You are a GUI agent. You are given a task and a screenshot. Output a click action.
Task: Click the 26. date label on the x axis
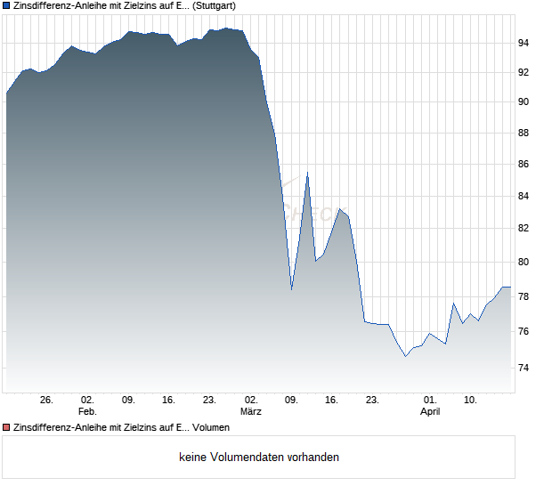(x=47, y=400)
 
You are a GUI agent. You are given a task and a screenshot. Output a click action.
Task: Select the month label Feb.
(x=87, y=411)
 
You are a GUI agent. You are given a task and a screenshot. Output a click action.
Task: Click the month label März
(x=251, y=411)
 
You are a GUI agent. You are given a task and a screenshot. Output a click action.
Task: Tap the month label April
(x=430, y=411)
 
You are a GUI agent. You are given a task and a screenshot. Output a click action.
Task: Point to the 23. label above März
(x=210, y=400)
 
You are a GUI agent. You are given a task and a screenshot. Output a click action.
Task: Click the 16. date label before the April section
(x=332, y=400)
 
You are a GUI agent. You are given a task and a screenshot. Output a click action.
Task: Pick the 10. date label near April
(x=471, y=400)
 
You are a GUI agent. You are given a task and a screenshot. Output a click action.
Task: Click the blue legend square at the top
(x=6, y=5)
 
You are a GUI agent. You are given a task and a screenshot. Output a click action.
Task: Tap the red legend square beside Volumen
(x=6, y=428)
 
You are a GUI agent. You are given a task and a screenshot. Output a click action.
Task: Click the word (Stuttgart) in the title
(x=215, y=5)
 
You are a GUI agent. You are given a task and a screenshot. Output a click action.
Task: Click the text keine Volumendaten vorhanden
(x=259, y=458)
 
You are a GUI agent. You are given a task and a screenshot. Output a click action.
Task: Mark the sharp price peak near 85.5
(x=307, y=173)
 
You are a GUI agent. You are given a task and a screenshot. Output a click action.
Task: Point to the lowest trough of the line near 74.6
(x=405, y=356)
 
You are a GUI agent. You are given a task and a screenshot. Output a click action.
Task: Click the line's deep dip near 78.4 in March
(x=291, y=289)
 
